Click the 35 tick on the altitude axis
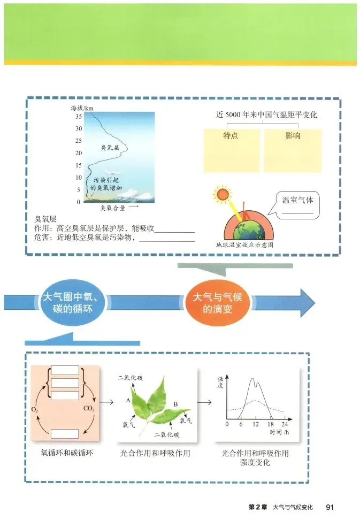(78, 116)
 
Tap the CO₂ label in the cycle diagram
(89, 409)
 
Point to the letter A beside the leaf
(128, 400)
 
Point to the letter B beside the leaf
(175, 403)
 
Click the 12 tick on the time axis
(256, 424)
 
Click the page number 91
(330, 507)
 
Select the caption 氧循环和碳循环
(67, 453)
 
